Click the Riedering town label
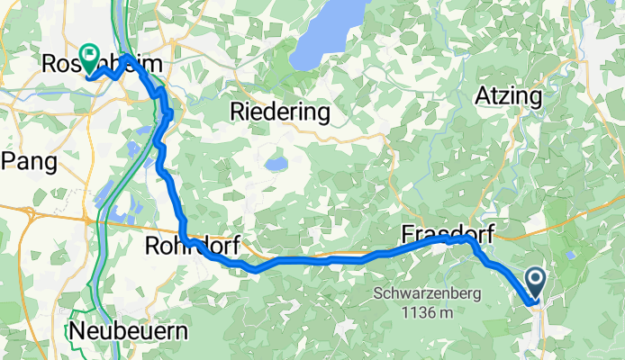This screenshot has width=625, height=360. [x=280, y=112]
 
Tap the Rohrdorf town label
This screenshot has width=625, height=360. [x=188, y=246]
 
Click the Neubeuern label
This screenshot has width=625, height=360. [x=131, y=330]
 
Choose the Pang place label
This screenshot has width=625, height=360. [x=30, y=162]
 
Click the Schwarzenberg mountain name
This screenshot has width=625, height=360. [x=427, y=293]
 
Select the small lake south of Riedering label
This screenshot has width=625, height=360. [x=276, y=166]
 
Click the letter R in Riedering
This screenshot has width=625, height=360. [x=238, y=112]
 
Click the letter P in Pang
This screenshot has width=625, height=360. [x=10, y=162]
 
